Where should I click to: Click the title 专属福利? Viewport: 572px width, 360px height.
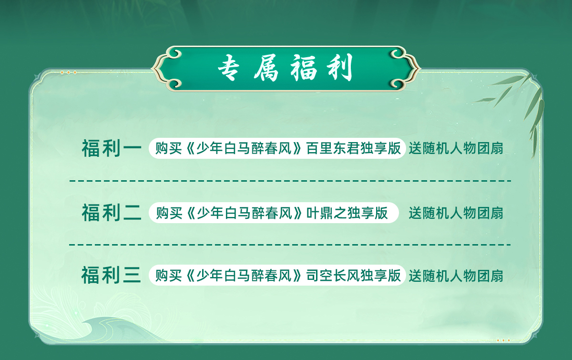tap(285, 68)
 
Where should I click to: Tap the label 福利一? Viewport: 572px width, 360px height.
tap(112, 148)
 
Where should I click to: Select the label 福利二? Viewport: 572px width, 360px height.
tap(112, 213)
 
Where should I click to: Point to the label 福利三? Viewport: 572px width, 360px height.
tap(111, 275)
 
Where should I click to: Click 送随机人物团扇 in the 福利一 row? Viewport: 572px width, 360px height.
tap(456, 148)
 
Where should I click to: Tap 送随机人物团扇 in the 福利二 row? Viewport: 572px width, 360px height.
tap(456, 213)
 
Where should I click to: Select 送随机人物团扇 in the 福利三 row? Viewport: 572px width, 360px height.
tap(456, 276)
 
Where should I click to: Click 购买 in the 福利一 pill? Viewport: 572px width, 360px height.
tap(168, 148)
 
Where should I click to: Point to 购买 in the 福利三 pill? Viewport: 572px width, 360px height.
tap(168, 275)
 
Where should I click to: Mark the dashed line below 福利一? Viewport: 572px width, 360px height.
tap(290, 181)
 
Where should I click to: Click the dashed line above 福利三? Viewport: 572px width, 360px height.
tap(290, 245)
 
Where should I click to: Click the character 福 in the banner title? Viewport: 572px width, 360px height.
tap(304, 68)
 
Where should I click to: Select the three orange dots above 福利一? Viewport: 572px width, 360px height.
tap(69, 72)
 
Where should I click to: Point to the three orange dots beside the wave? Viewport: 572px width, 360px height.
tap(503, 340)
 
